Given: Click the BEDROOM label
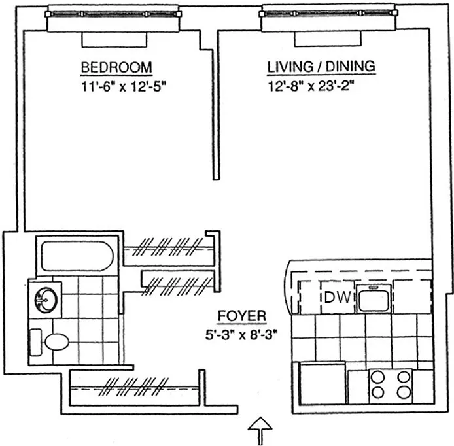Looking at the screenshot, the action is tap(116, 67).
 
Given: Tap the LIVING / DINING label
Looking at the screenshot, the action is tap(321, 67).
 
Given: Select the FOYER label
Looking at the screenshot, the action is tap(241, 317).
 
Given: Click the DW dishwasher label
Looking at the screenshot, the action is tap(338, 298).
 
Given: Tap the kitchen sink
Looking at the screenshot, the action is tap(373, 298).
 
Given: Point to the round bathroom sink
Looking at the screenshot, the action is tap(46, 300).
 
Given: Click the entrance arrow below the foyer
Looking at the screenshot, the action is tap(260, 430).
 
